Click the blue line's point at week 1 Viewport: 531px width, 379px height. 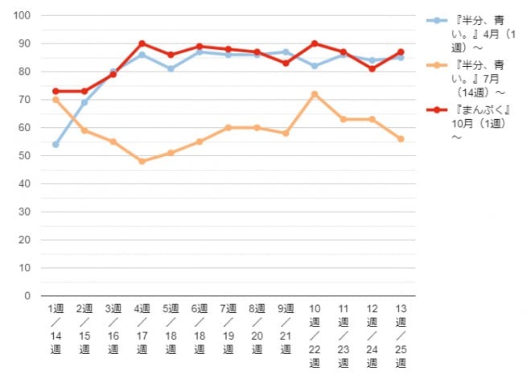56,145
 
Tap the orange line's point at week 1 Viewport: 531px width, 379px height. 56,100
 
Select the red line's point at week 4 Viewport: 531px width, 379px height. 142,43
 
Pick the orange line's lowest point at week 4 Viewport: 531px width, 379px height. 142,161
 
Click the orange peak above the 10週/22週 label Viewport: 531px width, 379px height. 315,94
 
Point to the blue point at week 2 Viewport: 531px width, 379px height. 84,102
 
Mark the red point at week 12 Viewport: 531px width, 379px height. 372,68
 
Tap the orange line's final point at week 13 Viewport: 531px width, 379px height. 401,138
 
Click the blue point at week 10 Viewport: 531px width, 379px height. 315,66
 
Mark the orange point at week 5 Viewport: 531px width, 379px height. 171,153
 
